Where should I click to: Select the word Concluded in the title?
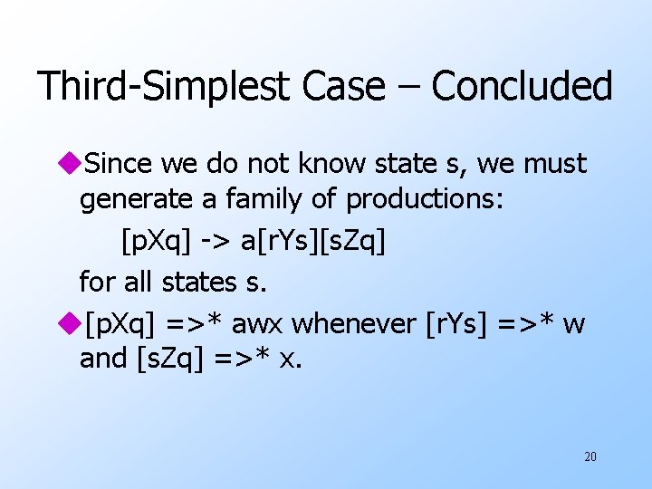click(522, 87)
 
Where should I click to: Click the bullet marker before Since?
click(69, 165)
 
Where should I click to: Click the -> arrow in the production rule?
click(215, 241)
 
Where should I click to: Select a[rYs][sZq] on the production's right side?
click(312, 241)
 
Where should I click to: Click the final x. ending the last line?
click(291, 360)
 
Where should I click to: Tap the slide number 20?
click(590, 456)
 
